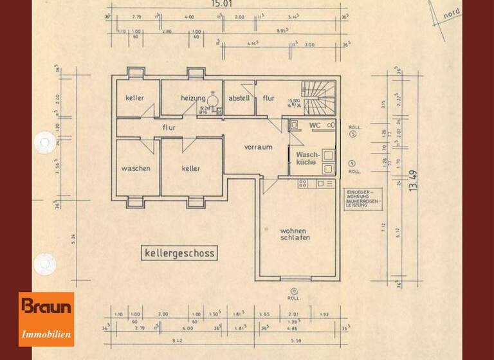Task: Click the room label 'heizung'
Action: (x=193, y=98)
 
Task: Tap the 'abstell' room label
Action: (x=238, y=98)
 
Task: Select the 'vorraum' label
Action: (x=258, y=147)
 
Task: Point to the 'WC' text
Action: (x=315, y=125)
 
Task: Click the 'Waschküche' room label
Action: (x=306, y=159)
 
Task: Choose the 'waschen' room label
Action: (x=136, y=168)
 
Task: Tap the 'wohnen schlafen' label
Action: (x=295, y=234)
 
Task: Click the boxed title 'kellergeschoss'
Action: (x=179, y=253)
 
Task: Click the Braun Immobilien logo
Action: (x=46, y=319)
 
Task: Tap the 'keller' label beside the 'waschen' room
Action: (x=190, y=168)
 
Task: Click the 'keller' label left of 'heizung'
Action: (x=134, y=98)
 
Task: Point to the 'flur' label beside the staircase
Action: (x=268, y=98)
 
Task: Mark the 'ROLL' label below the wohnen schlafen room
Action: (x=293, y=298)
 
